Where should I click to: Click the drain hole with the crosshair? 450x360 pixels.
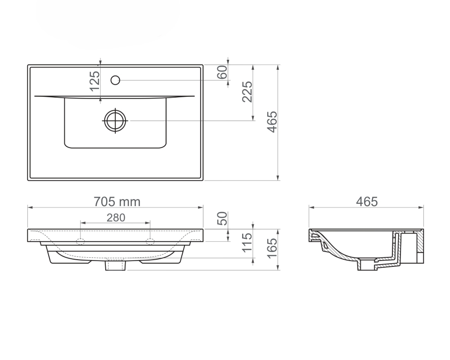tap(115, 121)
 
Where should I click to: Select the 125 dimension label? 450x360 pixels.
tap(94, 81)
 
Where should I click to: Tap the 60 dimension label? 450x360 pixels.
tap(222, 72)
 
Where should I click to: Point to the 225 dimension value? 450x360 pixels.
tap(247, 92)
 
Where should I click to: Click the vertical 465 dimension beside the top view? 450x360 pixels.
tap(272, 122)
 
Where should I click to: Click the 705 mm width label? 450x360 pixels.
tap(117, 202)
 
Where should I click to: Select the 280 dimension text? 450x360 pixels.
tap(116, 218)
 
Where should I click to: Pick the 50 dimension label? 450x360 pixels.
tap(222, 218)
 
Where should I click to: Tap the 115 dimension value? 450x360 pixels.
tap(247, 243)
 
